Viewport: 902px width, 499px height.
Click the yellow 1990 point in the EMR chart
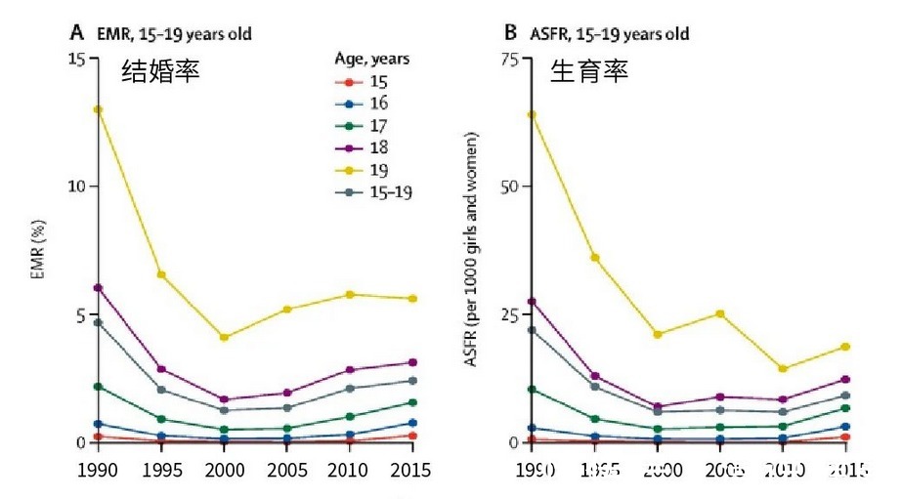click(x=98, y=109)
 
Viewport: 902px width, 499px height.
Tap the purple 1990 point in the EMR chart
click(x=98, y=288)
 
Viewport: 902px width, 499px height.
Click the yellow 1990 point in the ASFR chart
click(x=531, y=114)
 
